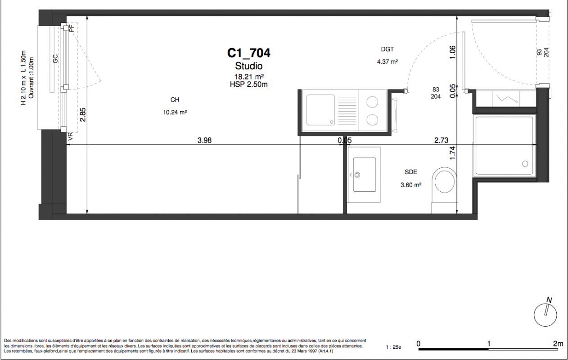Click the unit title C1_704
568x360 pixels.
coord(248,53)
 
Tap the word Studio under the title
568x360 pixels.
coord(249,66)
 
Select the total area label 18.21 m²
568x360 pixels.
coord(249,76)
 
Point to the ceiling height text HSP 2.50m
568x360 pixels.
coord(249,85)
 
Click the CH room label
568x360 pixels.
coord(175,99)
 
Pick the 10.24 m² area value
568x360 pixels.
coord(175,112)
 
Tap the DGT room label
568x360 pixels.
coord(388,49)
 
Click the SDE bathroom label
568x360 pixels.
coord(411,172)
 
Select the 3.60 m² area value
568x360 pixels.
coord(411,185)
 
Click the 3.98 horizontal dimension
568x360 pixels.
coord(204,140)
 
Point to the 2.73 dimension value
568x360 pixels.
coord(441,140)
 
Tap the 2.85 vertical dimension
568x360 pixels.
coord(83,115)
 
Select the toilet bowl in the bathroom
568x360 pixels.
coord(445,181)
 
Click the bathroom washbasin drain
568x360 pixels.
coord(357,175)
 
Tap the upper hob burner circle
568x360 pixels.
coord(372,102)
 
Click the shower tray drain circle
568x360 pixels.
coord(525,164)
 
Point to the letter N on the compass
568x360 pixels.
coord(549,300)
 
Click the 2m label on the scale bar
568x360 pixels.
coord(558,343)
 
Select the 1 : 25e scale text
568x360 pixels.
coord(393,347)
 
